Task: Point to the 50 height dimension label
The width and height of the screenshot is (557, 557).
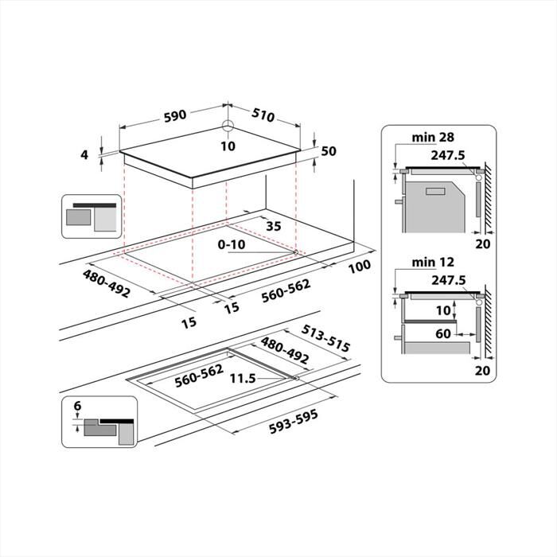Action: [329, 151]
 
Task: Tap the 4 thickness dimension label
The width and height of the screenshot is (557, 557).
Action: [84, 154]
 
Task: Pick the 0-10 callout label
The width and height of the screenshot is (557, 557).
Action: [232, 244]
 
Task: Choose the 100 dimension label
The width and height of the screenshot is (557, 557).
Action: [358, 265]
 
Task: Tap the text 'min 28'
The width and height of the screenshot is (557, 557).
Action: [430, 138]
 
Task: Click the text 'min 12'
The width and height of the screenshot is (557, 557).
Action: [430, 262]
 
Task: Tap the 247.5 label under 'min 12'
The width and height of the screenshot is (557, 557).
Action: [449, 280]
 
